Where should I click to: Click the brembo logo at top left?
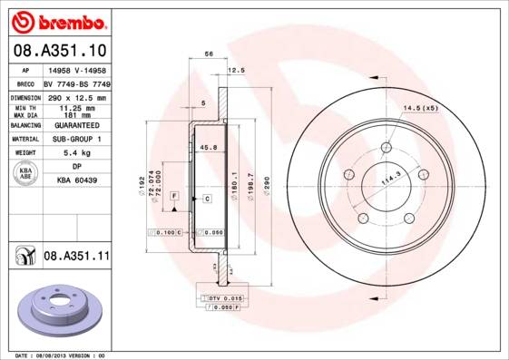point(56,19)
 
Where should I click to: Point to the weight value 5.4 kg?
point(76,153)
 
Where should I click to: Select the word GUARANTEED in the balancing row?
point(76,125)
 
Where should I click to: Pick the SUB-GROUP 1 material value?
point(76,140)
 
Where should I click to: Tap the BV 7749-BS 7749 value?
point(76,83)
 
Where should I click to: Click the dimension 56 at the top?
point(209,55)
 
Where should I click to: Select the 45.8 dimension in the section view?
point(208,147)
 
